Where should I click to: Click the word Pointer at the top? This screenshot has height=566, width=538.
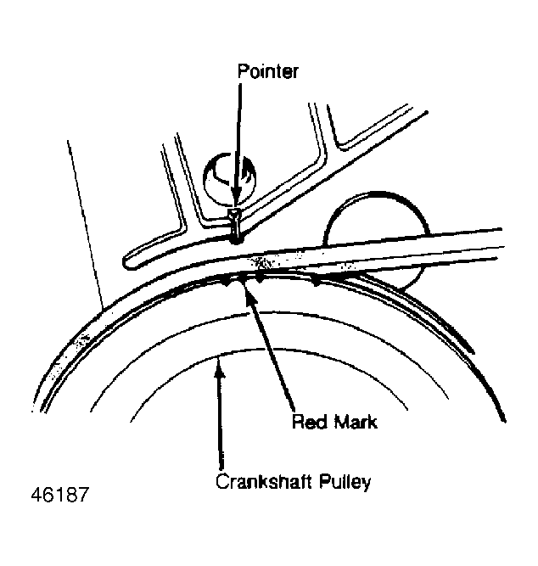tap(267, 71)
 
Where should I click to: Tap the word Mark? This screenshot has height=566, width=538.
tap(356, 422)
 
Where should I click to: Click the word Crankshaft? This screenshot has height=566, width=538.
tap(264, 481)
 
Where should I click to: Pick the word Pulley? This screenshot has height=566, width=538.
tap(345, 482)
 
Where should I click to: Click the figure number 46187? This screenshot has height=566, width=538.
tap(59, 494)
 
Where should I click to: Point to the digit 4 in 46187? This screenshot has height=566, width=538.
tap(36, 494)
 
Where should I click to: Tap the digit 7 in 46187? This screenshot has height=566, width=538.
tap(82, 494)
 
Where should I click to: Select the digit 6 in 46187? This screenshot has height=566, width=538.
tap(48, 494)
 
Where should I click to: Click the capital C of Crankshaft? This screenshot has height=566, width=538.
tap(222, 481)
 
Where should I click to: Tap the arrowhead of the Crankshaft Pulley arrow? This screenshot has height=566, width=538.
tap(219, 367)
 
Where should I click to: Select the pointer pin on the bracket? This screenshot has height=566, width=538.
tap(235, 226)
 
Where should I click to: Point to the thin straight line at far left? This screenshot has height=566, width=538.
tap(86, 224)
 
